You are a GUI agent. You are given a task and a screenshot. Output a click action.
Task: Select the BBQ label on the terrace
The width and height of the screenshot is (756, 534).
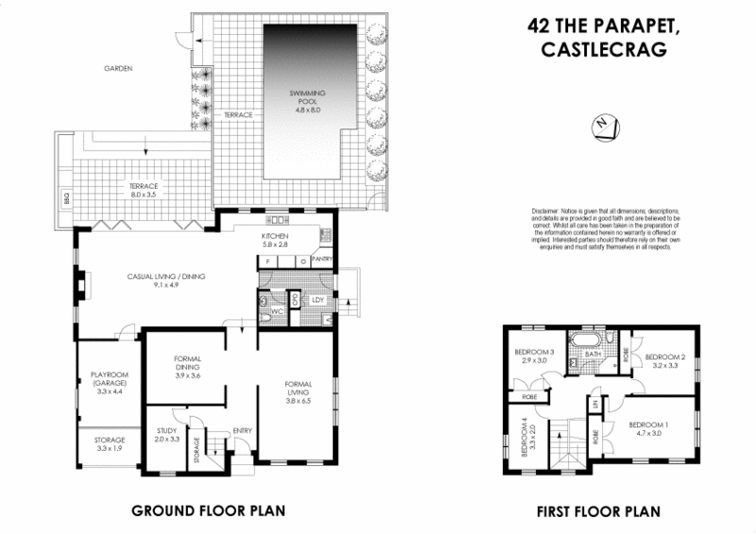[x=67, y=199]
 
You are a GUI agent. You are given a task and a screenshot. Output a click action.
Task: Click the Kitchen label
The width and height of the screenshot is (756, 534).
[x=275, y=236]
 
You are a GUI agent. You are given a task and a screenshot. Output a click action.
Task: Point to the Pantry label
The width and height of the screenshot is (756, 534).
[x=322, y=258]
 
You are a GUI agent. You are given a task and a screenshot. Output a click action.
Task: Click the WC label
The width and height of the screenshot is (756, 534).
[x=277, y=311]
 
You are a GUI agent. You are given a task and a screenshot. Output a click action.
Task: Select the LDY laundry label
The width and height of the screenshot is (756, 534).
[x=318, y=301]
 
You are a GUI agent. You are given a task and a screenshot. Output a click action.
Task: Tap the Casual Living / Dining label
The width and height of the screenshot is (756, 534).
[x=166, y=277]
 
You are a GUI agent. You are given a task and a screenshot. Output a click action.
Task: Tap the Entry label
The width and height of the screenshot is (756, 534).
[x=241, y=431]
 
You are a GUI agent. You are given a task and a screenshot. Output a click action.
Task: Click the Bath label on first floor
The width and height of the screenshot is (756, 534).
[x=593, y=353]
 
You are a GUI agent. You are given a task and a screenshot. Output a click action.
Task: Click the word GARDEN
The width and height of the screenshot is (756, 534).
[x=119, y=69]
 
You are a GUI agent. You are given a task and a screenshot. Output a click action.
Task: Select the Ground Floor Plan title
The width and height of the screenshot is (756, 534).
[x=208, y=511]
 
